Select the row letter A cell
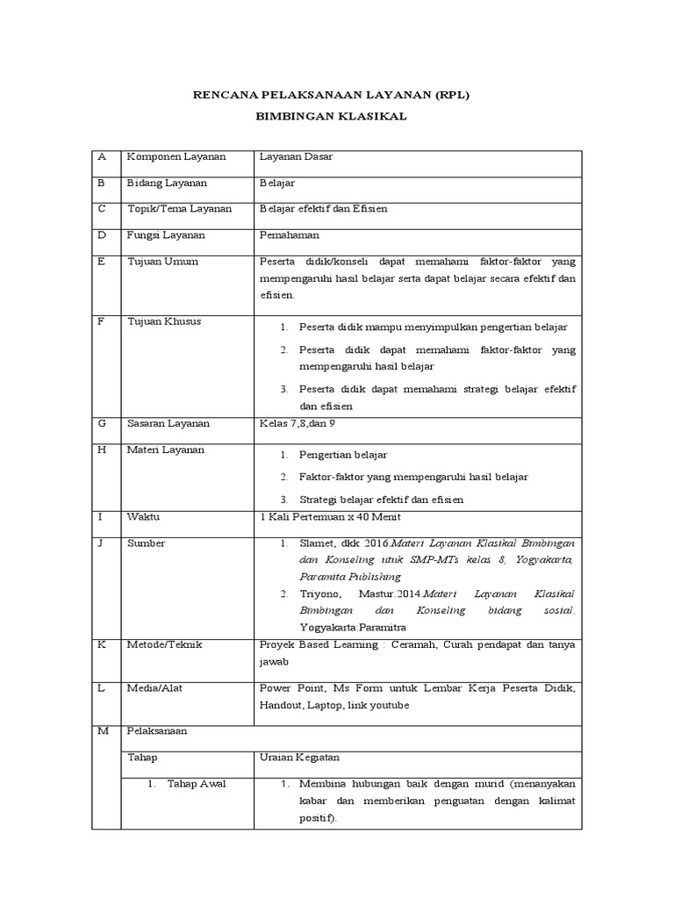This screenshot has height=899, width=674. click(103, 156)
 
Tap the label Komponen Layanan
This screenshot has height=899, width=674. click(176, 156)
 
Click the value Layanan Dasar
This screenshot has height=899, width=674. click(296, 156)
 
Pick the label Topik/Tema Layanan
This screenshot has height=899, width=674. click(180, 209)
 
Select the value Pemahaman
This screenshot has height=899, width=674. click(290, 235)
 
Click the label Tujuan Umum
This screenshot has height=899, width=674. click(162, 262)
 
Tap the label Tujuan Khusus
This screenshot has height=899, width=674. click(164, 321)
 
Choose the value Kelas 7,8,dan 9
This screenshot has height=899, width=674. click(298, 423)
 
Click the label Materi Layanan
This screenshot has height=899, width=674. click(166, 449)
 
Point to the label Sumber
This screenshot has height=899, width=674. click(147, 543)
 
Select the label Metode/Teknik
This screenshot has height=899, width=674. click(165, 644)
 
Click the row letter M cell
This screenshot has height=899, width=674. click(104, 730)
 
